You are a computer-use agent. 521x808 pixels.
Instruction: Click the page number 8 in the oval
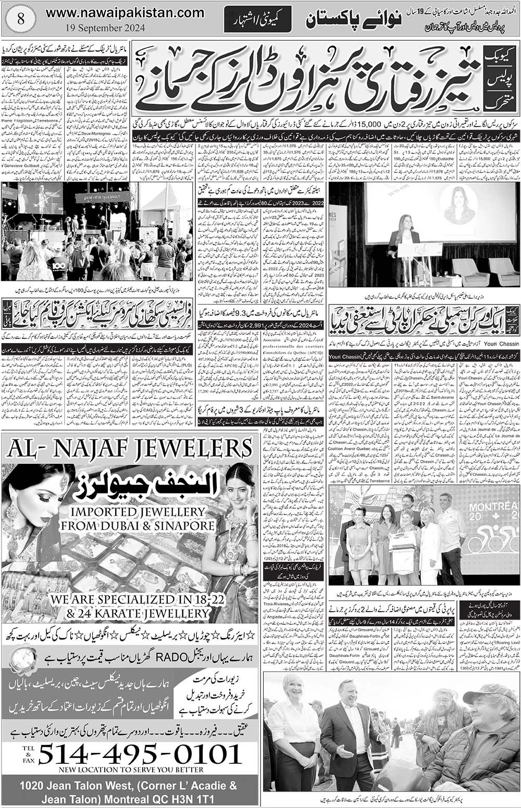tap(20, 19)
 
